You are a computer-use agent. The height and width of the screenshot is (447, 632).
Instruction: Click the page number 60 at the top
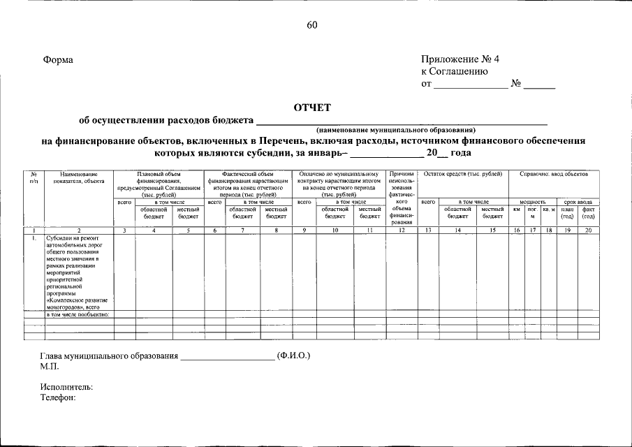pos(311,26)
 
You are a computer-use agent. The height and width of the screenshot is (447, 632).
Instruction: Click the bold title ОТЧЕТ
pos(312,108)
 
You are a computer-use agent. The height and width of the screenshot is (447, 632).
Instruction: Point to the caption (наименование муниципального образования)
pos(396,130)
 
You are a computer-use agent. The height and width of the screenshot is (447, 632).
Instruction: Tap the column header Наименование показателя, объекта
pos(78,177)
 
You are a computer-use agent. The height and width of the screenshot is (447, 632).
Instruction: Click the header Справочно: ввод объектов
pos(554,173)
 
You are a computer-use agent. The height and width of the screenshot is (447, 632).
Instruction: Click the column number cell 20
pos(588,229)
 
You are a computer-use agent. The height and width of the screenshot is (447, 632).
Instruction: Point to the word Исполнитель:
pos(66,387)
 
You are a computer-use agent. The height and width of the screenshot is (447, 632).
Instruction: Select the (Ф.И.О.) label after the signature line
pos(293,356)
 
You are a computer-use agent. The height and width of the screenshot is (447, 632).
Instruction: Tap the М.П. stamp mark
pos(50,366)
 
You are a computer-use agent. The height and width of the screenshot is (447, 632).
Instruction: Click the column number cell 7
pos(242,229)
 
